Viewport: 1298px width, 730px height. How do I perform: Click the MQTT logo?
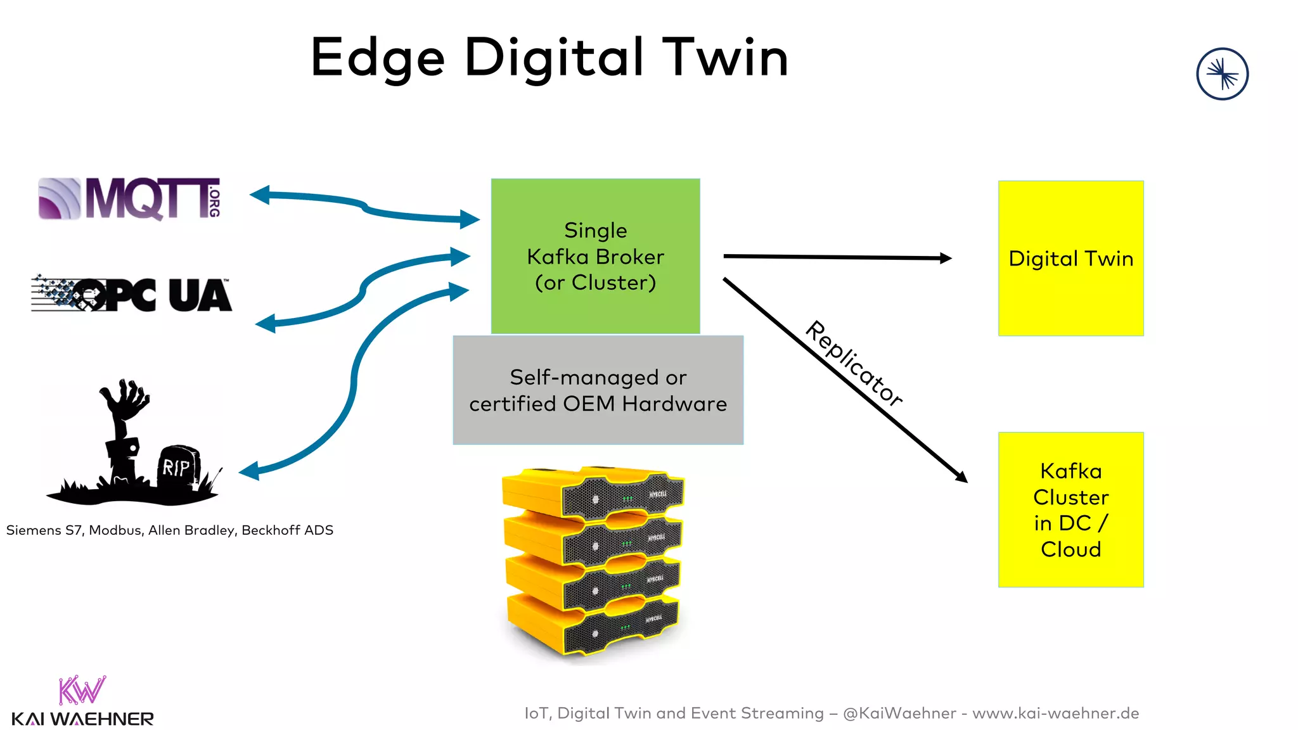point(130,199)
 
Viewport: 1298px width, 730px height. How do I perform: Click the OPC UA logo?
point(132,295)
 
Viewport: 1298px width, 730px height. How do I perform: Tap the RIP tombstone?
point(178,467)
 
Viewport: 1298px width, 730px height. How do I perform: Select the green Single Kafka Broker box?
point(595,256)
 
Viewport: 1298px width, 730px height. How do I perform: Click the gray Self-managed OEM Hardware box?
point(598,390)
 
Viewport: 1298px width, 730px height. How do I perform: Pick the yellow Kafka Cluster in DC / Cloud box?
point(1070,509)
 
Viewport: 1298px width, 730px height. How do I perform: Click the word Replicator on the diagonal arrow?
point(854,364)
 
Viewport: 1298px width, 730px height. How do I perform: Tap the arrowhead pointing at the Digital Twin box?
point(945,258)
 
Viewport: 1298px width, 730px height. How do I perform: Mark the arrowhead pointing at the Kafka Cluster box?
point(961,477)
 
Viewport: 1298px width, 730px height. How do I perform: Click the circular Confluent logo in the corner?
point(1222,74)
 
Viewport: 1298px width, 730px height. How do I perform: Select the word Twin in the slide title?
point(725,58)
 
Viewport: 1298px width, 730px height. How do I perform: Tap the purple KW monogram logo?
point(82,690)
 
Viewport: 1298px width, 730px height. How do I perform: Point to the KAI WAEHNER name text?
point(82,719)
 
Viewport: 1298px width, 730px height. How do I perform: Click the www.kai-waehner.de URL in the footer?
point(1055,714)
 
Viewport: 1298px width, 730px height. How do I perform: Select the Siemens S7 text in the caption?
point(44,530)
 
